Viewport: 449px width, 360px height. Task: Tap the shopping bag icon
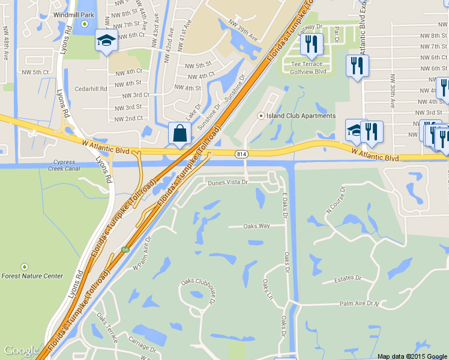[180, 133]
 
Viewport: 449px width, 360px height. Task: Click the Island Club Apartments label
[301, 116]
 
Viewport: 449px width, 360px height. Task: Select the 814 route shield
[240, 154]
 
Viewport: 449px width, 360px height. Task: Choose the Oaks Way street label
[256, 226]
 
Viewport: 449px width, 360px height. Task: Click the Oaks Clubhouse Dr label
[197, 293]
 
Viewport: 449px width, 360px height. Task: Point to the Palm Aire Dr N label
[361, 304]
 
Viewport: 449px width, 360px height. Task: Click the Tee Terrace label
[307, 64]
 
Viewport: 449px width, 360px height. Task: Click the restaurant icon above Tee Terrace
[311, 44]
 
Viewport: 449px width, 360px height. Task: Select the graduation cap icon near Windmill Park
[106, 41]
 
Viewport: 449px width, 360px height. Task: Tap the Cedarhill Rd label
[91, 88]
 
